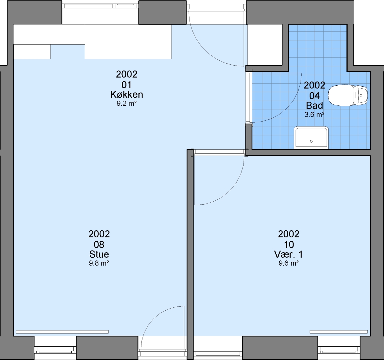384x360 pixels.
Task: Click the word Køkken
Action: tap(127, 94)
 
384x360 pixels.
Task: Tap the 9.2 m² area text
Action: tap(126, 104)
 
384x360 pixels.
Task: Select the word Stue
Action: tap(99, 254)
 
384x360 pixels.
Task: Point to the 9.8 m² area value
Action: tap(99, 263)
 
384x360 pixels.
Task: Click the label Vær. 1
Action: tap(289, 254)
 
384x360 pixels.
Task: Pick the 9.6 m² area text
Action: tap(289, 263)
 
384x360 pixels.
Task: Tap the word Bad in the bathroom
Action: tap(315, 105)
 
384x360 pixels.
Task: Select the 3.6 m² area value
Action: tap(315, 114)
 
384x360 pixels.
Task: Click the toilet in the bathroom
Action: tap(348, 95)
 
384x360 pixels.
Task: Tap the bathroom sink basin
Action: tap(311, 138)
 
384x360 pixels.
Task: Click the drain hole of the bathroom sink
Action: tap(311, 141)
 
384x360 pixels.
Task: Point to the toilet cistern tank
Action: tap(361, 95)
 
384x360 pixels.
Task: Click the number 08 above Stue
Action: tap(99, 244)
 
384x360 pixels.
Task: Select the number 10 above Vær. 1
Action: tap(289, 244)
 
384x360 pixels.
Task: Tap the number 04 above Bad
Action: tap(315, 96)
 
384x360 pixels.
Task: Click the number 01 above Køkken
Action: tap(126, 85)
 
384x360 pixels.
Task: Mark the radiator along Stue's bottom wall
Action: tap(62, 332)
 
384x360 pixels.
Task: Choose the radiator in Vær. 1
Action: tap(339, 332)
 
